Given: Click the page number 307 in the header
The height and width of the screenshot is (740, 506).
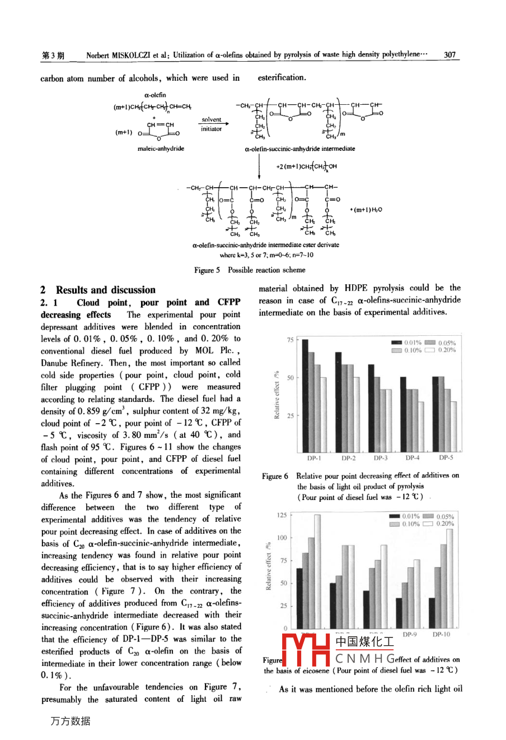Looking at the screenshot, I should click(449, 55).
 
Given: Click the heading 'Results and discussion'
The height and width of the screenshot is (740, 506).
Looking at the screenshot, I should click(105, 290).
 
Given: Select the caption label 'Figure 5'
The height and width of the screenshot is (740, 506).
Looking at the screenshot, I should click(207, 270).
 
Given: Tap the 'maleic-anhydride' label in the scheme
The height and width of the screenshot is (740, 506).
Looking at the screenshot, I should click(161, 149).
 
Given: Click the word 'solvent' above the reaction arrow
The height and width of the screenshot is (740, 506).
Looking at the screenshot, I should click(212, 119).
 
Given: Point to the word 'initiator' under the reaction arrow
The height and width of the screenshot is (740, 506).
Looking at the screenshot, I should click(212, 129).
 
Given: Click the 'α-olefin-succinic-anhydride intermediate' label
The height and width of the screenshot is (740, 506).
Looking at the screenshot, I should click(300, 149).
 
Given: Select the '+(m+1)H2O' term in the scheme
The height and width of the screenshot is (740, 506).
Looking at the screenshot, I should click(366, 210).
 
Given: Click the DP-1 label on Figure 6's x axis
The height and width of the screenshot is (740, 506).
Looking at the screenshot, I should click(314, 458).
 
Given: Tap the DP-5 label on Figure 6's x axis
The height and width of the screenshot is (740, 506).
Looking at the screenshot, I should click(446, 458).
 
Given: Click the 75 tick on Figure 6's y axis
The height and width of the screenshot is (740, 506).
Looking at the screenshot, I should click(291, 340).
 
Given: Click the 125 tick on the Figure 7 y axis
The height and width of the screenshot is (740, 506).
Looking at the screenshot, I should click(282, 515).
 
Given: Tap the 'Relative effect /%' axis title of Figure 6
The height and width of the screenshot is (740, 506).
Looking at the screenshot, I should click(277, 395).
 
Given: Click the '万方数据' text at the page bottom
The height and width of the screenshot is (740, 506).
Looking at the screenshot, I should click(70, 721).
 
